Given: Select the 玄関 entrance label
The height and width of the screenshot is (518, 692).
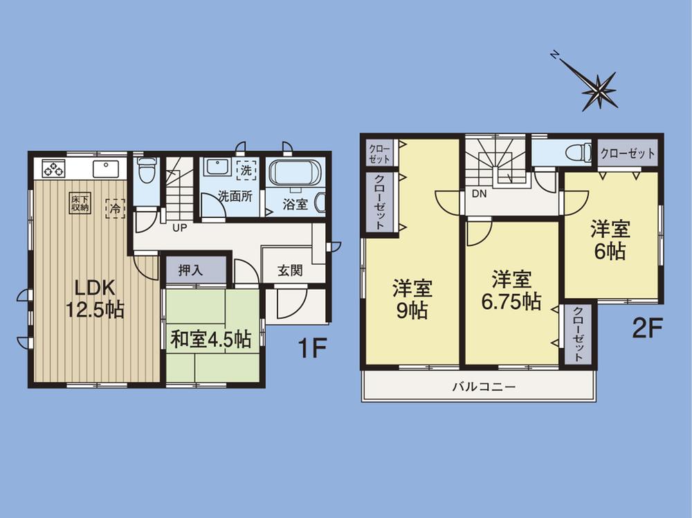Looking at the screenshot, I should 290,270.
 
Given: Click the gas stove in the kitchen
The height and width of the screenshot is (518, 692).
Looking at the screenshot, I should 53,168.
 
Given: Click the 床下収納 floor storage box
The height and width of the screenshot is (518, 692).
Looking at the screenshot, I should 79,203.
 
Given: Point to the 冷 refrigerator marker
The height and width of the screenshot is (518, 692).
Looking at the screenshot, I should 111,206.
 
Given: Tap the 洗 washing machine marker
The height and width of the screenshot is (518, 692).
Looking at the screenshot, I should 246,168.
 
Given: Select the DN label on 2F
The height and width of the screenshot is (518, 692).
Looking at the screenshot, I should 480,194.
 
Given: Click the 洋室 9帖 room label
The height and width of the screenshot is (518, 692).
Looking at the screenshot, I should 412,298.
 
